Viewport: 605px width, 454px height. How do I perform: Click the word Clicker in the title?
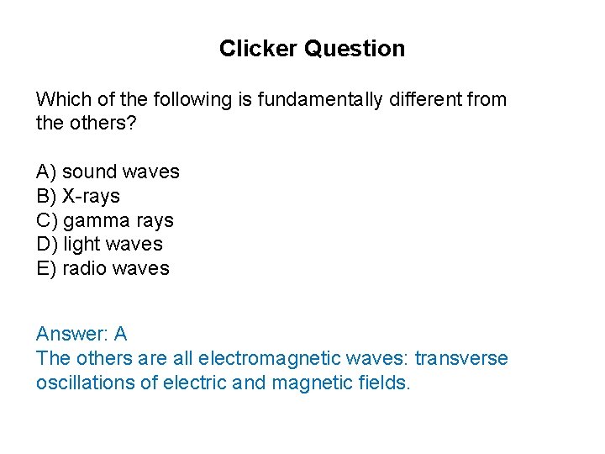click(x=258, y=49)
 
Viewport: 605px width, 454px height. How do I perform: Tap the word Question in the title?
click(x=355, y=49)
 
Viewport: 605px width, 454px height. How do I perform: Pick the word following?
click(x=191, y=100)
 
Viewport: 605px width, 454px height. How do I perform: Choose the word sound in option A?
click(x=89, y=172)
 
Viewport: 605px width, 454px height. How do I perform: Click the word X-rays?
click(x=92, y=197)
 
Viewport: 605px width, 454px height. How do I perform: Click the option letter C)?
click(x=46, y=221)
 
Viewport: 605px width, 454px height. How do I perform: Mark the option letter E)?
click(x=46, y=269)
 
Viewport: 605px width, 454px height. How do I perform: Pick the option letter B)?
click(x=46, y=197)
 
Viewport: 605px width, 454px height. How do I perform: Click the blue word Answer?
click(x=70, y=335)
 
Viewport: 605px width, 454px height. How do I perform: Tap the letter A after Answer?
click(x=120, y=334)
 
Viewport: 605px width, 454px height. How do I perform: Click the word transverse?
click(x=461, y=359)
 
